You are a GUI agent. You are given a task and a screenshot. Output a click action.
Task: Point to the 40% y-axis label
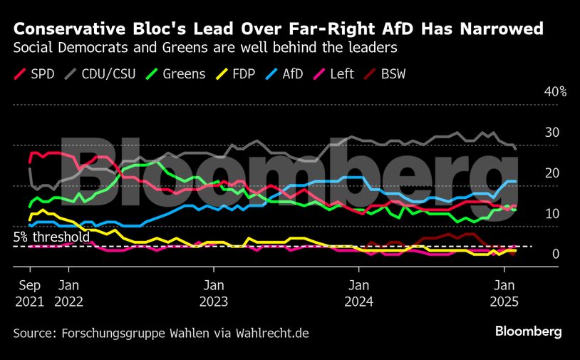[535, 92]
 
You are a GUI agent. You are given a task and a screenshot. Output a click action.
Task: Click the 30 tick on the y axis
[532, 133]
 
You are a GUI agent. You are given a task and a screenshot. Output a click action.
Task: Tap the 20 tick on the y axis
[532, 173]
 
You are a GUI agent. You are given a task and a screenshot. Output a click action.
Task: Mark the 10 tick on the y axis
[532, 214]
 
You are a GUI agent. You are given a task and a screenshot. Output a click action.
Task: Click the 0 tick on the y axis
[536, 254]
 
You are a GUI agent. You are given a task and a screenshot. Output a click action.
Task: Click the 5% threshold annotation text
[51, 237]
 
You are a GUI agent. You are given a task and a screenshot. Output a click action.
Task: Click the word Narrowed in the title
[499, 29]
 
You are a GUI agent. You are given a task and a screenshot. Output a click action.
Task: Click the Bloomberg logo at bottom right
[529, 331]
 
